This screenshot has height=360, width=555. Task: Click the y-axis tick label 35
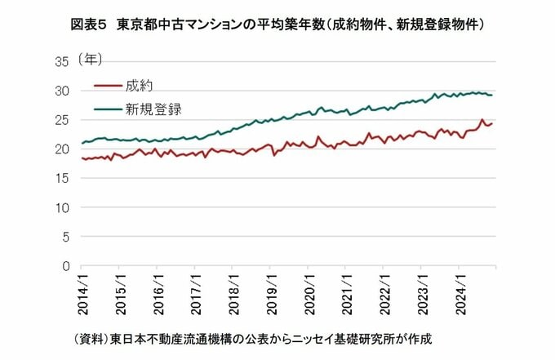coord(62,61)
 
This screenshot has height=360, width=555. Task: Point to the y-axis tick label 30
coord(62,91)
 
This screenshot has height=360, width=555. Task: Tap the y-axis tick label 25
coord(62,120)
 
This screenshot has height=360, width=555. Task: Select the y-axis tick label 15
coord(62,179)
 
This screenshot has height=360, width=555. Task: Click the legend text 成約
coord(140,85)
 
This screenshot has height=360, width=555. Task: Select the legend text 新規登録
coord(153,108)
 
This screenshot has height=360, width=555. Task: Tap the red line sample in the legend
coord(108,85)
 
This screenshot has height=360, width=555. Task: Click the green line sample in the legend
coord(108,108)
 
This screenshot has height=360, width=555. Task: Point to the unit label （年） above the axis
coord(91,60)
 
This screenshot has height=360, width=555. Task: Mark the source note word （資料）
coord(91,338)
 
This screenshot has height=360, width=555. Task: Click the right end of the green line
coord(492,96)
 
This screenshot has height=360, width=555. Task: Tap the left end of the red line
coord(82,158)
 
